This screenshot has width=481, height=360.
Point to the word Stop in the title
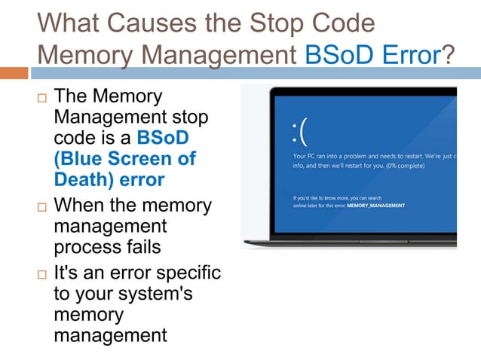(x=256, y=23)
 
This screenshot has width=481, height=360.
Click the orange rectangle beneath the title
(x=14, y=73)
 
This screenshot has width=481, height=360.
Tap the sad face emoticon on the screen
(x=300, y=132)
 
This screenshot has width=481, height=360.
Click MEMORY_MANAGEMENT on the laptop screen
(x=377, y=206)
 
